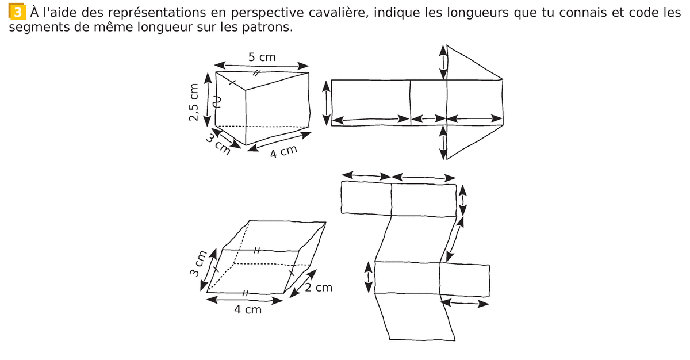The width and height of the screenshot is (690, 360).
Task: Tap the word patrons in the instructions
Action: [269, 27]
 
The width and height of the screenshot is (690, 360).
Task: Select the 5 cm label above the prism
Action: [262, 57]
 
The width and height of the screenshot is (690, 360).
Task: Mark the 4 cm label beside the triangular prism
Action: [283, 152]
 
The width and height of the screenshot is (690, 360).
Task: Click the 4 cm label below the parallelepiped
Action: [247, 310]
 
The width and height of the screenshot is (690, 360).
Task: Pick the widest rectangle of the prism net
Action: [371, 102]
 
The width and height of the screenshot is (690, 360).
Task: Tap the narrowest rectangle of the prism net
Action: [428, 102]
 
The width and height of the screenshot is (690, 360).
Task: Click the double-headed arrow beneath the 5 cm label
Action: [262, 65]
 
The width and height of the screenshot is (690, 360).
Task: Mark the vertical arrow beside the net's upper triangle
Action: [443, 62]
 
